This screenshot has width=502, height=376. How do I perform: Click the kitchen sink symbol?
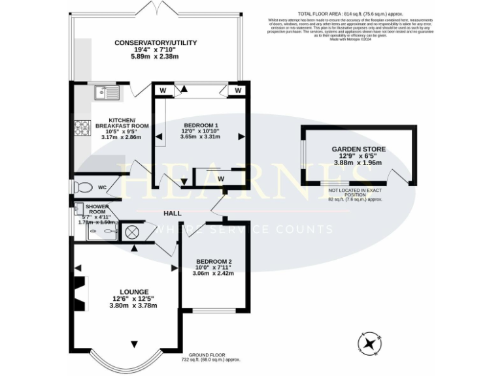click(107, 93)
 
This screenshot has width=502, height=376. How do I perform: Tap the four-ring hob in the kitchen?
click(82, 128)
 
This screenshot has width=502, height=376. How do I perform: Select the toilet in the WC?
click(82, 187)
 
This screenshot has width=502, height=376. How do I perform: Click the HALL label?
click(173, 213)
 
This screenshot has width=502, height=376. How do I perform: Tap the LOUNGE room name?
click(134, 291)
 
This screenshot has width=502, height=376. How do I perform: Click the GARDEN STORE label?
click(358, 149)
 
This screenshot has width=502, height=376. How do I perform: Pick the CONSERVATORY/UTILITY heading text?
click(156, 43)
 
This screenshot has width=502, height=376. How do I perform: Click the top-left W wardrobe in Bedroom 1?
click(162, 89)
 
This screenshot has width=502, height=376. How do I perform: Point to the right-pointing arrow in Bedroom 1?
click(242, 136)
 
